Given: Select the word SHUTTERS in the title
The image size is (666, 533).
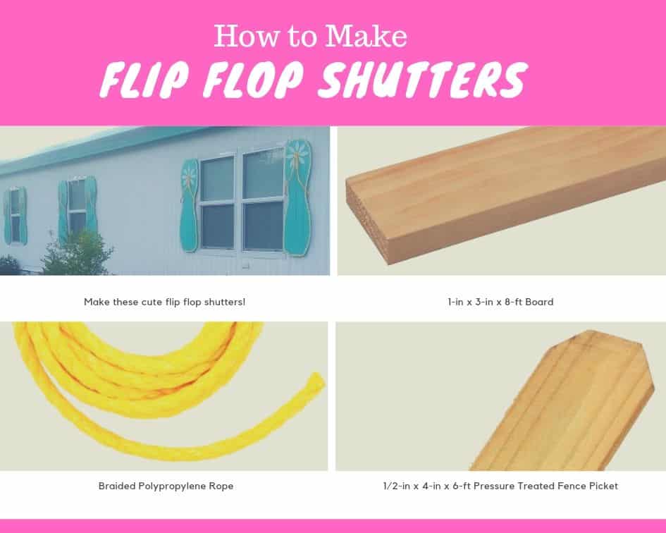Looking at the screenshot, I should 423,80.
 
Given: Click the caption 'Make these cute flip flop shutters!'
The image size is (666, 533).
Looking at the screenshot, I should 164,302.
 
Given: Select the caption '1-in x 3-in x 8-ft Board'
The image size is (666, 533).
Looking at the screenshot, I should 500,302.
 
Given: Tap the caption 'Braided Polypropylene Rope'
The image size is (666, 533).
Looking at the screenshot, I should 166,486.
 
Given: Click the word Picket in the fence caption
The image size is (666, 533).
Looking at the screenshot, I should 601,486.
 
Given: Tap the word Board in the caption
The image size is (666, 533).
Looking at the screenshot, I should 538,302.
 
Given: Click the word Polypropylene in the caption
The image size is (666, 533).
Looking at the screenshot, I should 171,486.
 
